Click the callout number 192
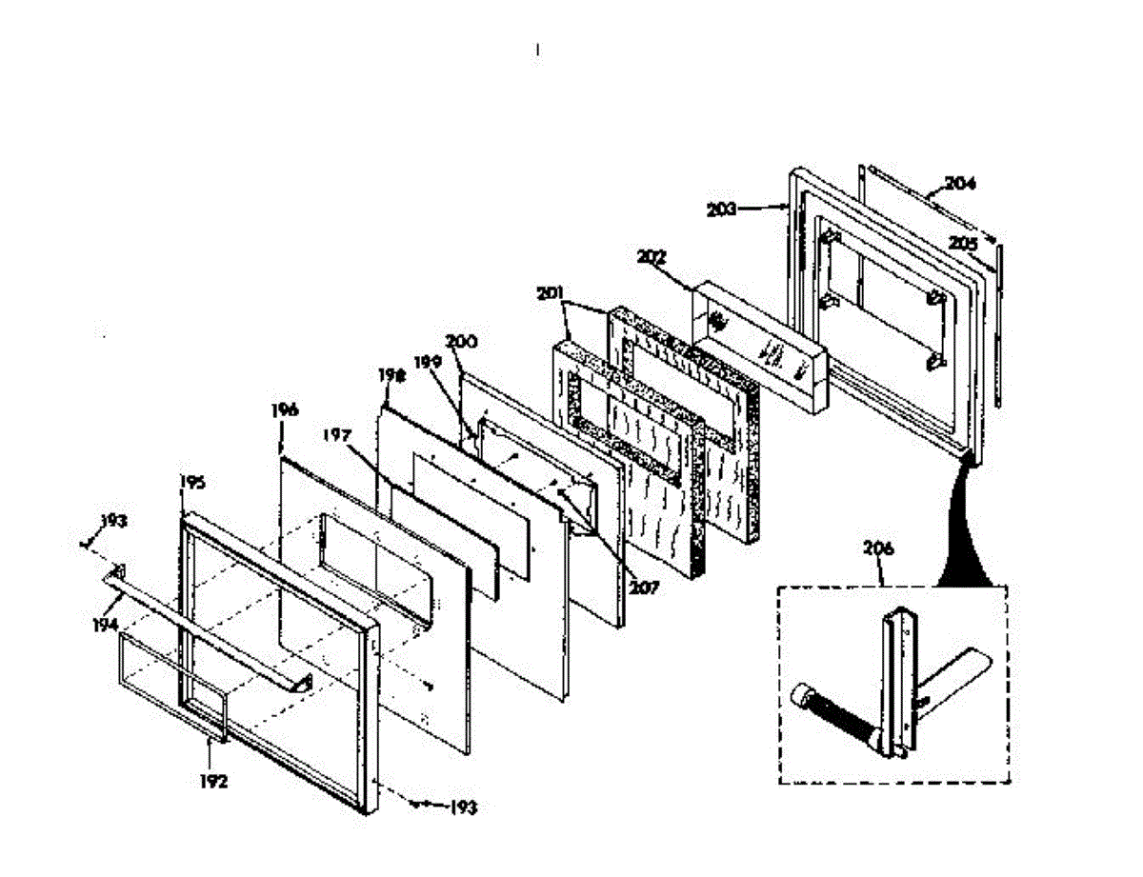[214, 782]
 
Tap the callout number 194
[105, 625]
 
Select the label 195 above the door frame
[192, 483]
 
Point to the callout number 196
[284, 410]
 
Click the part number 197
[335, 436]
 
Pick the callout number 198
[391, 376]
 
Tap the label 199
[427, 362]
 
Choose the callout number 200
[463, 340]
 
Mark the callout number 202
[652, 257]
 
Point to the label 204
[960, 183]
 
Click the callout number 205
[962, 244]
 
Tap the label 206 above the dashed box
[877, 548]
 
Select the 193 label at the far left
[112, 522]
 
